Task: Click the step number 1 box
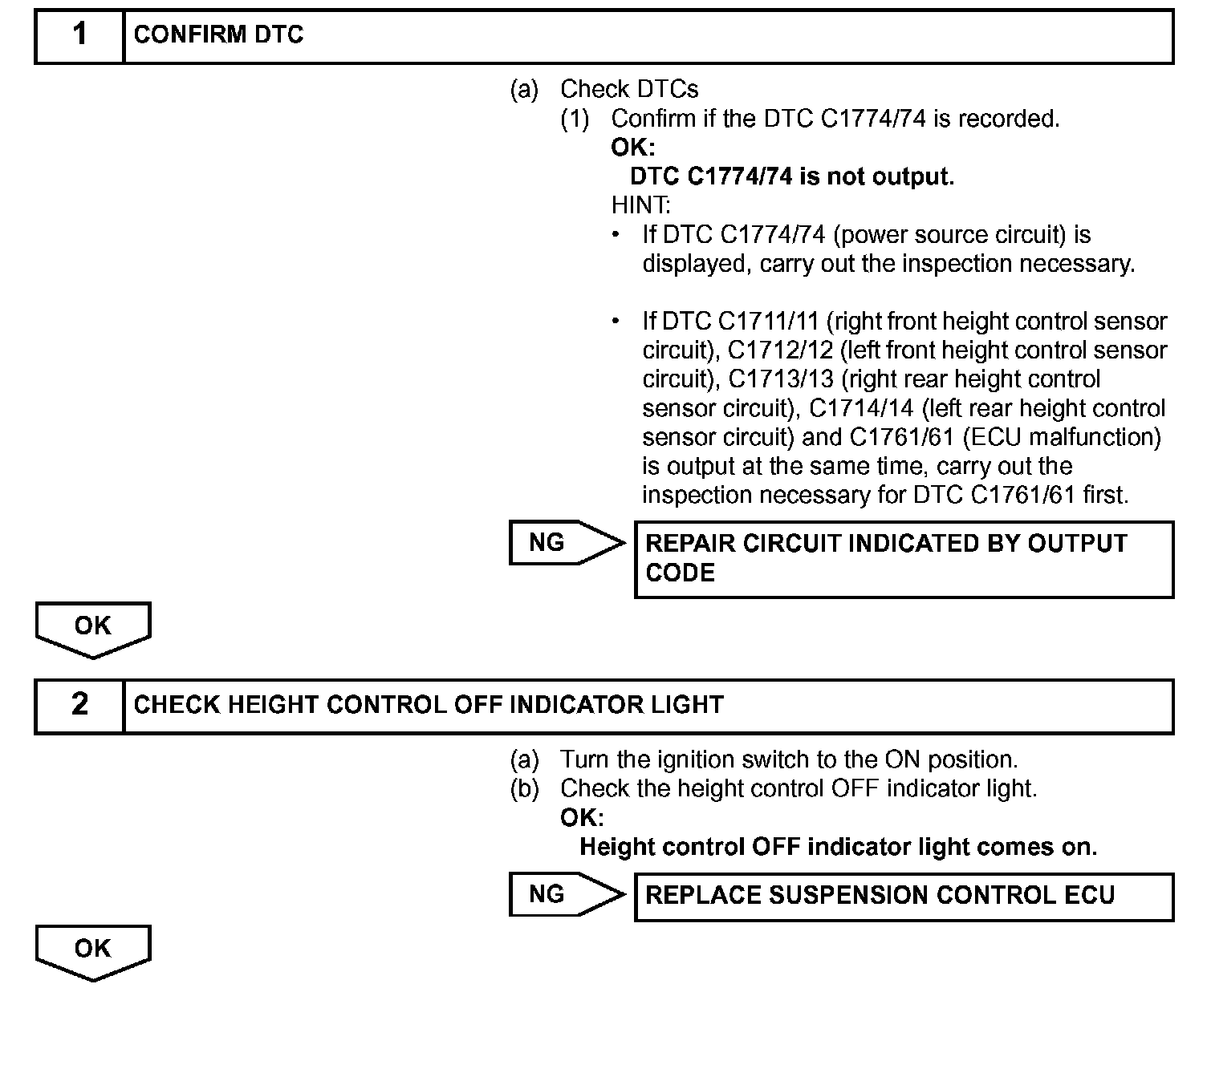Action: click(x=79, y=36)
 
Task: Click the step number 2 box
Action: click(x=79, y=706)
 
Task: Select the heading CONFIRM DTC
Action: click(x=218, y=35)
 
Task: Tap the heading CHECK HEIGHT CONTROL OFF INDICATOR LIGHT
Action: click(x=429, y=706)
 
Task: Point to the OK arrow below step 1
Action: click(x=93, y=629)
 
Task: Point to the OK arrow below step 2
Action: click(x=93, y=951)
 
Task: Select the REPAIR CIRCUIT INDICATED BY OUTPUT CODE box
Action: click(x=904, y=559)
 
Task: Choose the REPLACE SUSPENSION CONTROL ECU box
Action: click(x=904, y=896)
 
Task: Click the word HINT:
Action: click(x=640, y=205)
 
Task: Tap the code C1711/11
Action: click(x=768, y=322)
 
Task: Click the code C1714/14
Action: click(x=861, y=408)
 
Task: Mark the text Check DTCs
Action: click(x=629, y=89)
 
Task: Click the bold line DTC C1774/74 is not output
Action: click(x=792, y=176)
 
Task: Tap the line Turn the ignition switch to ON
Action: click(x=789, y=759)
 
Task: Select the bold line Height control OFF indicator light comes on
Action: click(x=838, y=847)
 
